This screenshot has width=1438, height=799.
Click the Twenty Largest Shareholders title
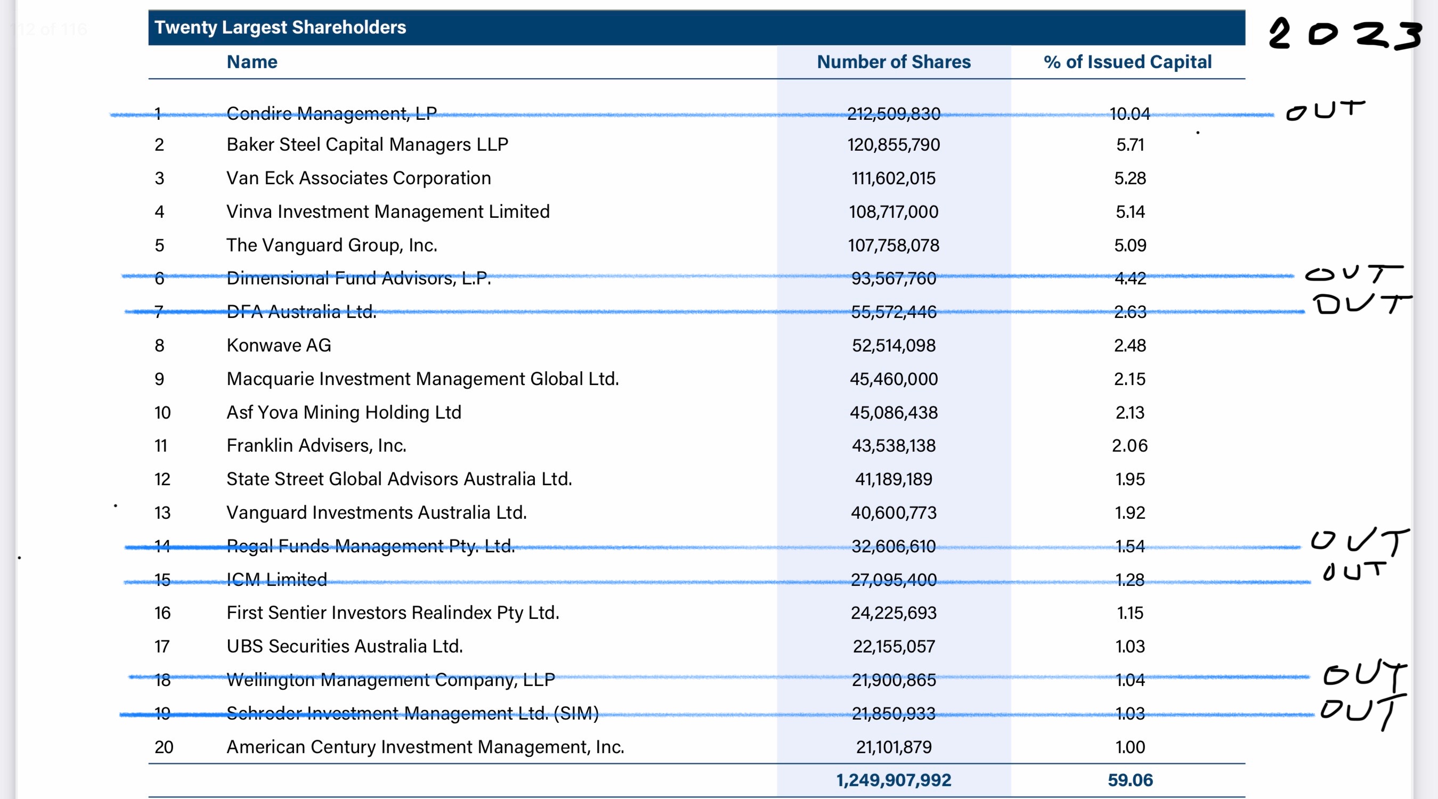point(280,27)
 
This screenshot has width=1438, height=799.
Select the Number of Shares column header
point(893,61)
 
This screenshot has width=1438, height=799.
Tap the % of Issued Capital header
point(1127,61)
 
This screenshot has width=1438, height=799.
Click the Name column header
point(252,61)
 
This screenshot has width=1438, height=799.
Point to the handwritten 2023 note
point(1344,34)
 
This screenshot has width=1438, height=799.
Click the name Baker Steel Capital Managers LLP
point(367,144)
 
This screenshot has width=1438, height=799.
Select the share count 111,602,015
point(893,178)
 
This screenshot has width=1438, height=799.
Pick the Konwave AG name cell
point(279,345)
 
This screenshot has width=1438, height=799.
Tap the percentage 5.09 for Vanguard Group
point(1130,245)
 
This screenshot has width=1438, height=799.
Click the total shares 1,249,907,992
point(893,780)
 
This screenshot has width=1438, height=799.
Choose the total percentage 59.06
point(1130,780)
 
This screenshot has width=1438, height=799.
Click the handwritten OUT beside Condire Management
point(1325,110)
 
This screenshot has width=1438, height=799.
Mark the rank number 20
point(164,747)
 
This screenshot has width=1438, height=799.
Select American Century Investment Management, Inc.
point(425,747)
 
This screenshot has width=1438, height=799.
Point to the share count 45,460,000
point(893,379)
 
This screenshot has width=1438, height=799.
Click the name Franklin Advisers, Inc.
point(316,445)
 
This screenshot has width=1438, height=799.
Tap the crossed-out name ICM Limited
point(277,579)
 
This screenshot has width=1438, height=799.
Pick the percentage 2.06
point(1130,445)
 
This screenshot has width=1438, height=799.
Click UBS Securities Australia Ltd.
point(344,646)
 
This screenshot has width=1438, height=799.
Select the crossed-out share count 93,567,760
point(893,278)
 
